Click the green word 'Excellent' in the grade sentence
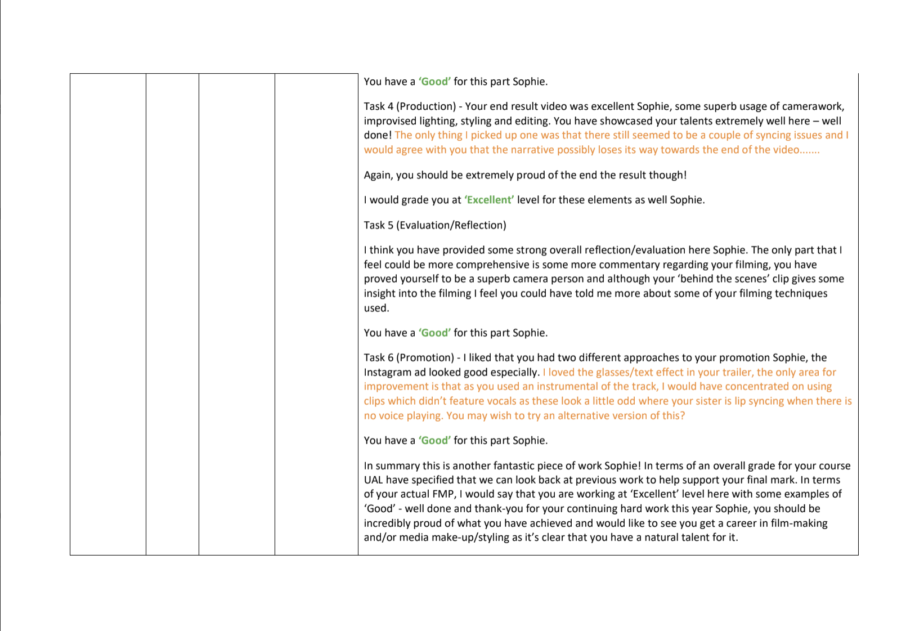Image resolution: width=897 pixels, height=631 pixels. (489, 200)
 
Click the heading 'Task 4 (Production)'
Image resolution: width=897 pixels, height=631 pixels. (410, 106)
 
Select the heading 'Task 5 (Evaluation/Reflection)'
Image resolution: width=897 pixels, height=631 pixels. (435, 225)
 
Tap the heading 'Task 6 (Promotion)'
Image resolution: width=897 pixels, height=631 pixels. (409, 357)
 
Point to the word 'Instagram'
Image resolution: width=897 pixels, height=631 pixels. (387, 372)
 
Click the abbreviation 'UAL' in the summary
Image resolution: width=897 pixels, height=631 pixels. (374, 480)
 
